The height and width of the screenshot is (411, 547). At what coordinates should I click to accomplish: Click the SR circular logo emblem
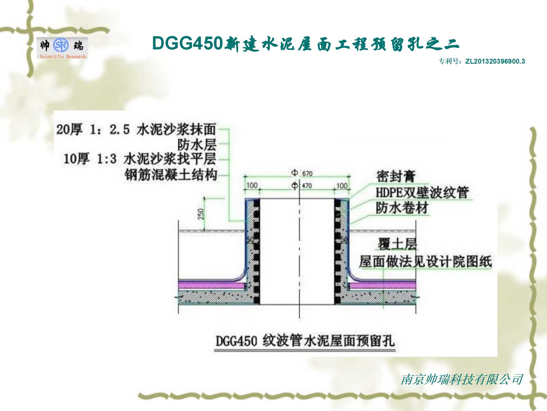coord(61,45)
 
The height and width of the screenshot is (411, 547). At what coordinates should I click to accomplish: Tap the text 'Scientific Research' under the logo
coord(63,57)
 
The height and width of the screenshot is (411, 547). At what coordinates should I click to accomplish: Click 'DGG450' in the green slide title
coord(187,43)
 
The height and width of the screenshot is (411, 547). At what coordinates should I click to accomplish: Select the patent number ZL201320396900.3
coord(495,61)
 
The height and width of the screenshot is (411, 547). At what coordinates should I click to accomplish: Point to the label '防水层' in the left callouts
coord(197,145)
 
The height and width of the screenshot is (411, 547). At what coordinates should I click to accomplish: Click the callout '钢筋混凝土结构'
coord(171,175)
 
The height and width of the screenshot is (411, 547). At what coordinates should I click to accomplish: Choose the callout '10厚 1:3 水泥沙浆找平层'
coord(140,159)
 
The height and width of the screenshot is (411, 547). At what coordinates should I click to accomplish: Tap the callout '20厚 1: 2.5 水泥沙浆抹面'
coord(136,129)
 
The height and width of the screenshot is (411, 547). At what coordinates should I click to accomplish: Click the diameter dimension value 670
coord(307,174)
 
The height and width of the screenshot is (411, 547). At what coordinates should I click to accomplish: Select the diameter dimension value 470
coord(307,186)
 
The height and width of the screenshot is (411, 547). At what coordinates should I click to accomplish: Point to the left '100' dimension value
coord(252,186)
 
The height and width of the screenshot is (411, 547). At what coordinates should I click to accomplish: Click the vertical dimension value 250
coord(201,214)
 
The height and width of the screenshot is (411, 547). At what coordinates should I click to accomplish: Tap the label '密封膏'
coord(396,176)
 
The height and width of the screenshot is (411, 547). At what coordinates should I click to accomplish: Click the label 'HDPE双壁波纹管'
coord(422,193)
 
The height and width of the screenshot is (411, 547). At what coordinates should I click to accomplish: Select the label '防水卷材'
coord(402,208)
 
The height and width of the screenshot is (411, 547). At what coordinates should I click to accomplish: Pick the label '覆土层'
coord(397,244)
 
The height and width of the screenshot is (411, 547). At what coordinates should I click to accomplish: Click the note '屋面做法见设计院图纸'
coord(425,262)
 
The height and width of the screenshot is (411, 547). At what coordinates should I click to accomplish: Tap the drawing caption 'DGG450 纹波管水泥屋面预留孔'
coord(305,341)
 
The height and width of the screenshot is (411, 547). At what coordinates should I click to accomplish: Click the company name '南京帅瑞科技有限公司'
coord(462,380)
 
